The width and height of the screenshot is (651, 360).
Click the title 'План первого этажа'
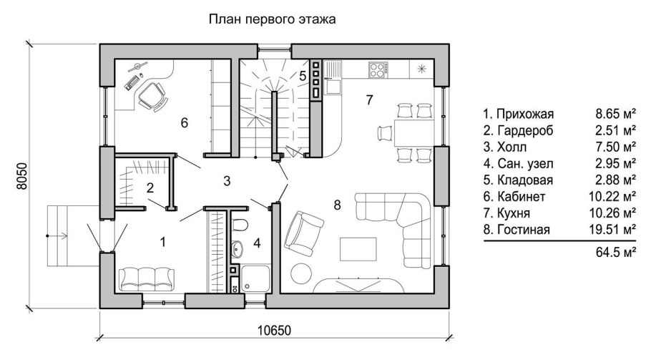272,19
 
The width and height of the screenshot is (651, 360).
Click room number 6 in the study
184,123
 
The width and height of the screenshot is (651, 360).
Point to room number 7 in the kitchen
369,99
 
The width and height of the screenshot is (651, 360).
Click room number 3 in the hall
227,180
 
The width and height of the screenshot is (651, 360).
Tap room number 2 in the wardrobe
150,189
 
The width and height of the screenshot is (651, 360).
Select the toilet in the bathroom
241,227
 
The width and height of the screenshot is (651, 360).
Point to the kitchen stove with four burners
378,70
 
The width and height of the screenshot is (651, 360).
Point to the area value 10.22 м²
616,195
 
